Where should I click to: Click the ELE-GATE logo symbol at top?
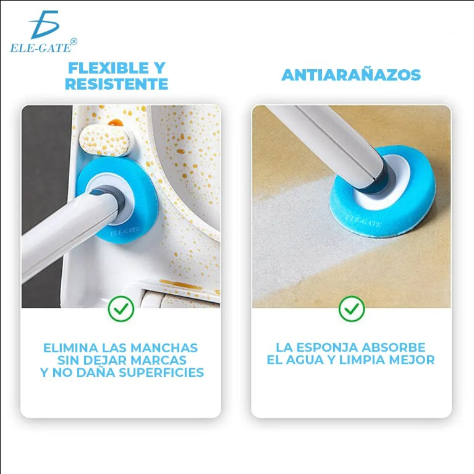[44, 25]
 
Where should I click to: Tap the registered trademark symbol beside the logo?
[74, 41]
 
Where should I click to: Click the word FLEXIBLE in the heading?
[99, 68]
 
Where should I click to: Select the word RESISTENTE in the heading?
[116, 85]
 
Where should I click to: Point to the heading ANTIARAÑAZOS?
[351, 75]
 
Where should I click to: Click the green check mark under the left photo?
[121, 308]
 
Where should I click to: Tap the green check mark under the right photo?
[352, 308]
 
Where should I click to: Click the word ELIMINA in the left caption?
[68, 348]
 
